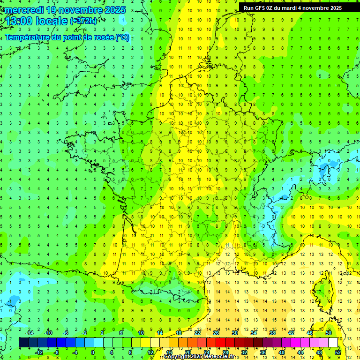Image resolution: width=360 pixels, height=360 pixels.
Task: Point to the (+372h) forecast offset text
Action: (x=83, y=21)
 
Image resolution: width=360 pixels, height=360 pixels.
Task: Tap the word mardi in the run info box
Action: (x=297, y=8)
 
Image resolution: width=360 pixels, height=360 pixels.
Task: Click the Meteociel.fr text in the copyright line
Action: (x=219, y=357)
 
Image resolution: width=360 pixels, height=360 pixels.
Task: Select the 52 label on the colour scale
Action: (x=337, y=352)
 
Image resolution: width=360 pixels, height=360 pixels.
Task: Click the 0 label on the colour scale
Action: (x=93, y=352)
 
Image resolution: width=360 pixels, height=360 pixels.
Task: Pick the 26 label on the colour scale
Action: (x=216, y=332)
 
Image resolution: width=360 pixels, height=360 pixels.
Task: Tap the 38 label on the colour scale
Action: (x=272, y=332)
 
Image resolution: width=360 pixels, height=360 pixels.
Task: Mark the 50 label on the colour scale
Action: (x=328, y=332)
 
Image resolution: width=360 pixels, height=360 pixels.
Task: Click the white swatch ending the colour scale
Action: (x=333, y=343)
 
